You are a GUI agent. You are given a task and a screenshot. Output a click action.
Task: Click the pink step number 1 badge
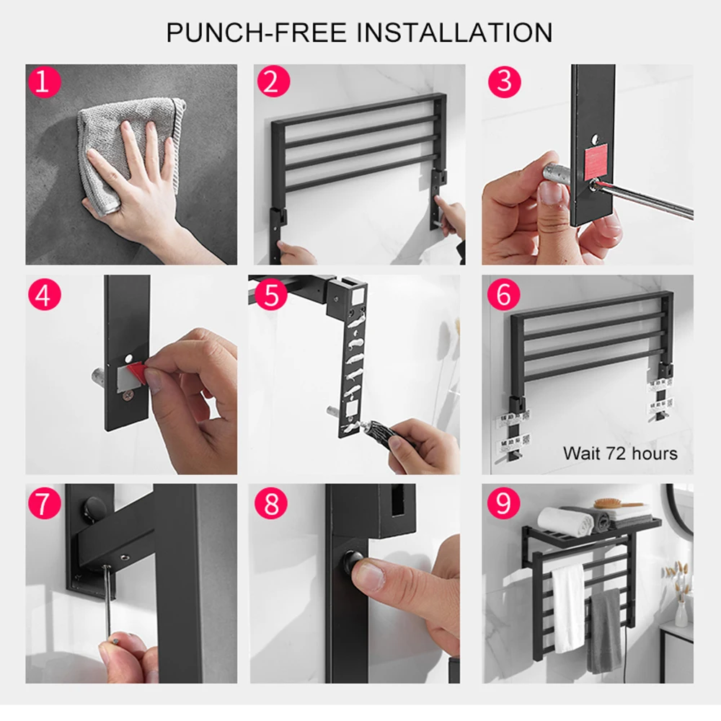tap(43, 81)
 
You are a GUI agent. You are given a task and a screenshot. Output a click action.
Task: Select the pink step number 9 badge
tap(503, 502)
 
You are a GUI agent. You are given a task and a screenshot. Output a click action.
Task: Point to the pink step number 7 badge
tap(44, 503)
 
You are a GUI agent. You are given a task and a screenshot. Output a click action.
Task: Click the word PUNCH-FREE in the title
tap(256, 32)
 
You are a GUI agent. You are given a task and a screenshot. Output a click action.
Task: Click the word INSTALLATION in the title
tap(454, 32)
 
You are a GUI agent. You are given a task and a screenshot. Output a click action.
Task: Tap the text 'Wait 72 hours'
tap(620, 454)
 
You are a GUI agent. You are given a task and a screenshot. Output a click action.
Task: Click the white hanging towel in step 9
tap(568, 608)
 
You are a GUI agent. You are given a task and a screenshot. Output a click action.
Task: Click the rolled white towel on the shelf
tap(565, 522)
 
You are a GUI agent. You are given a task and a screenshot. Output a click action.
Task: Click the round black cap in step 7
tap(92, 507)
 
